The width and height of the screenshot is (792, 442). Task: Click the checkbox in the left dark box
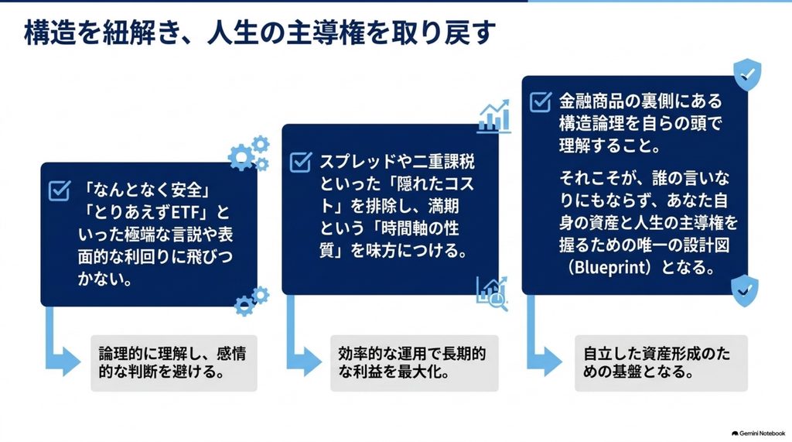point(59,190)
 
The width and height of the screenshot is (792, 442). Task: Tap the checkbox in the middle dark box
point(301,163)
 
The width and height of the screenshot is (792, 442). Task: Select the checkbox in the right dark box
point(541,101)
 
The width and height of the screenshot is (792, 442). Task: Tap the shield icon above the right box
point(747,74)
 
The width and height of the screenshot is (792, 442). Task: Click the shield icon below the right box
point(745,291)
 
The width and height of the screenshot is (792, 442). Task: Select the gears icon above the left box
point(249,153)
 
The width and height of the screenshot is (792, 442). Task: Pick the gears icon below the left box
point(251,301)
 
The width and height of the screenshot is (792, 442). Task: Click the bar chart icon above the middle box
point(493,117)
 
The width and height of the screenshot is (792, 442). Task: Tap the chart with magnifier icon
point(492,293)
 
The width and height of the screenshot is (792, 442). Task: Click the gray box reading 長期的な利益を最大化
point(415,362)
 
